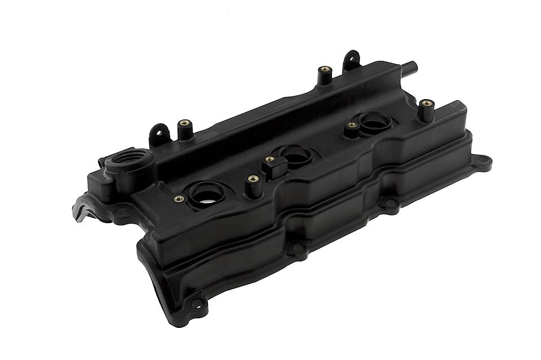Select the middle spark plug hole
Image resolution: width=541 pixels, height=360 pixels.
[293, 154]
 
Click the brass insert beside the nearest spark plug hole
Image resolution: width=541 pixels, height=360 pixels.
[179, 198]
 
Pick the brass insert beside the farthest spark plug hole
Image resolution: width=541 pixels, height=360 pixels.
[352, 125]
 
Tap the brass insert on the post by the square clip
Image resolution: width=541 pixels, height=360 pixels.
[253, 178]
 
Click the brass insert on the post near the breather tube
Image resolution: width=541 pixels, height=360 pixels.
[325, 69]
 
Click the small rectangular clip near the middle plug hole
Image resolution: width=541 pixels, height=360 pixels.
[272, 167]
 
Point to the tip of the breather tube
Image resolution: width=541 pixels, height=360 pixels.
[413, 65]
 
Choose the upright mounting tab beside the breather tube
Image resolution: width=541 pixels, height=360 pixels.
[351, 59]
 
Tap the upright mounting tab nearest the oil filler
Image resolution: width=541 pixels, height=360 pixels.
[159, 134]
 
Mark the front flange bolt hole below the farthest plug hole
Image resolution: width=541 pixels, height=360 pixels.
[389, 203]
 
